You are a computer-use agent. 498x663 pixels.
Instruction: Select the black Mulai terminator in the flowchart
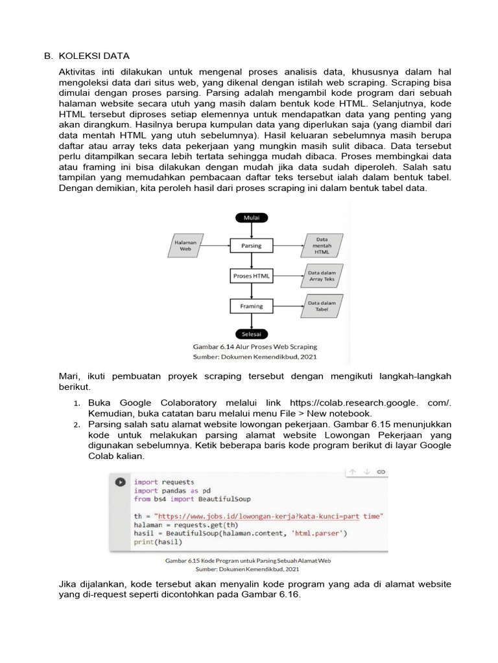251,218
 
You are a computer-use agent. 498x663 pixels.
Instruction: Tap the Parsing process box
251,246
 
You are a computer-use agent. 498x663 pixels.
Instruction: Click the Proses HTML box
251,276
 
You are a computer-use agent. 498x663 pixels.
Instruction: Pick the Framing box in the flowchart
251,306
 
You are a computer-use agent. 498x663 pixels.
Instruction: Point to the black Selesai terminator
251,334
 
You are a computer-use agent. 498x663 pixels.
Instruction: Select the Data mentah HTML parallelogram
322,245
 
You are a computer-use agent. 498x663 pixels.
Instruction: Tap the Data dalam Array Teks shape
321,276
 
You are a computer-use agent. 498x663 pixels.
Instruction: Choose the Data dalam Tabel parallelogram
322,306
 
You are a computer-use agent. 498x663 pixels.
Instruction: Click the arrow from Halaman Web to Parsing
217,246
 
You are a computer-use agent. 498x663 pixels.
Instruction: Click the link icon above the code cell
381,472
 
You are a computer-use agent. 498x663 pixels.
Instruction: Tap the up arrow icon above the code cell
353,472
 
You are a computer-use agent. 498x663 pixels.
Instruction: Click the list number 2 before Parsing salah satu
76,424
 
